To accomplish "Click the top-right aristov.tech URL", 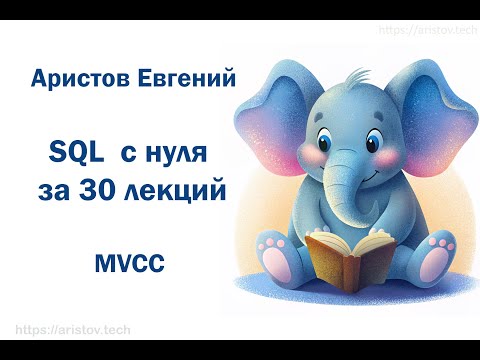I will point(425,31).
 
